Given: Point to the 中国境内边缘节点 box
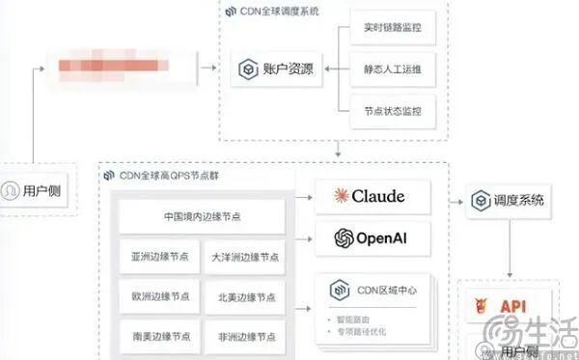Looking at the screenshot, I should click(x=202, y=217).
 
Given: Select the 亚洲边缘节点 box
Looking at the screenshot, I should click(x=161, y=258).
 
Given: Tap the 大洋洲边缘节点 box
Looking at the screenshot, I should click(x=245, y=258).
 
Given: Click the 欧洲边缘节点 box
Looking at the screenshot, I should click(x=161, y=297).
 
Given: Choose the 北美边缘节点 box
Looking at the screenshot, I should click(x=245, y=297).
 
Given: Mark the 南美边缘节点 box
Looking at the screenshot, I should click(x=161, y=337).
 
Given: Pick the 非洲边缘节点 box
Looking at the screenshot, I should click(x=245, y=337).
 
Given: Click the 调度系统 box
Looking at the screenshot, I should click(x=509, y=202).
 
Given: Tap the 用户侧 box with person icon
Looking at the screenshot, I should click(x=36, y=189).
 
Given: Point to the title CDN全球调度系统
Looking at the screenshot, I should click(x=280, y=10).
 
